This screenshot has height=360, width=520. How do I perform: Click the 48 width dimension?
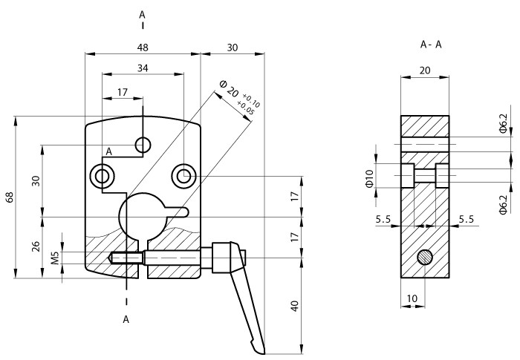[x=143, y=47]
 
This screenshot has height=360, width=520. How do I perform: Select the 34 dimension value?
[x=143, y=68]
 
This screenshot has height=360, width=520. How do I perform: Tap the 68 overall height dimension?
[x=9, y=197]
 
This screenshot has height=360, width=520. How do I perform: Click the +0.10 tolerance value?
[x=251, y=99]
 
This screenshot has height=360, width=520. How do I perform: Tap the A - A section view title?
[x=431, y=45]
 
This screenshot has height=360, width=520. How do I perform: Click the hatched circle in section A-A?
[x=425, y=258]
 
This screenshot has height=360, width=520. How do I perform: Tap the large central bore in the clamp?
[x=146, y=216]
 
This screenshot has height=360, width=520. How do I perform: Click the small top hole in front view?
[x=143, y=143]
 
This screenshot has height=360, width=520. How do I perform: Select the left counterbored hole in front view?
[x=102, y=176]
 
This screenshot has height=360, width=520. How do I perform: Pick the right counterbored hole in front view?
[x=183, y=176]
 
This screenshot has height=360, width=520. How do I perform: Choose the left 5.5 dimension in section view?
[x=383, y=219]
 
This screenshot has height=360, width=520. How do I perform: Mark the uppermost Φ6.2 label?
[x=503, y=124]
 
